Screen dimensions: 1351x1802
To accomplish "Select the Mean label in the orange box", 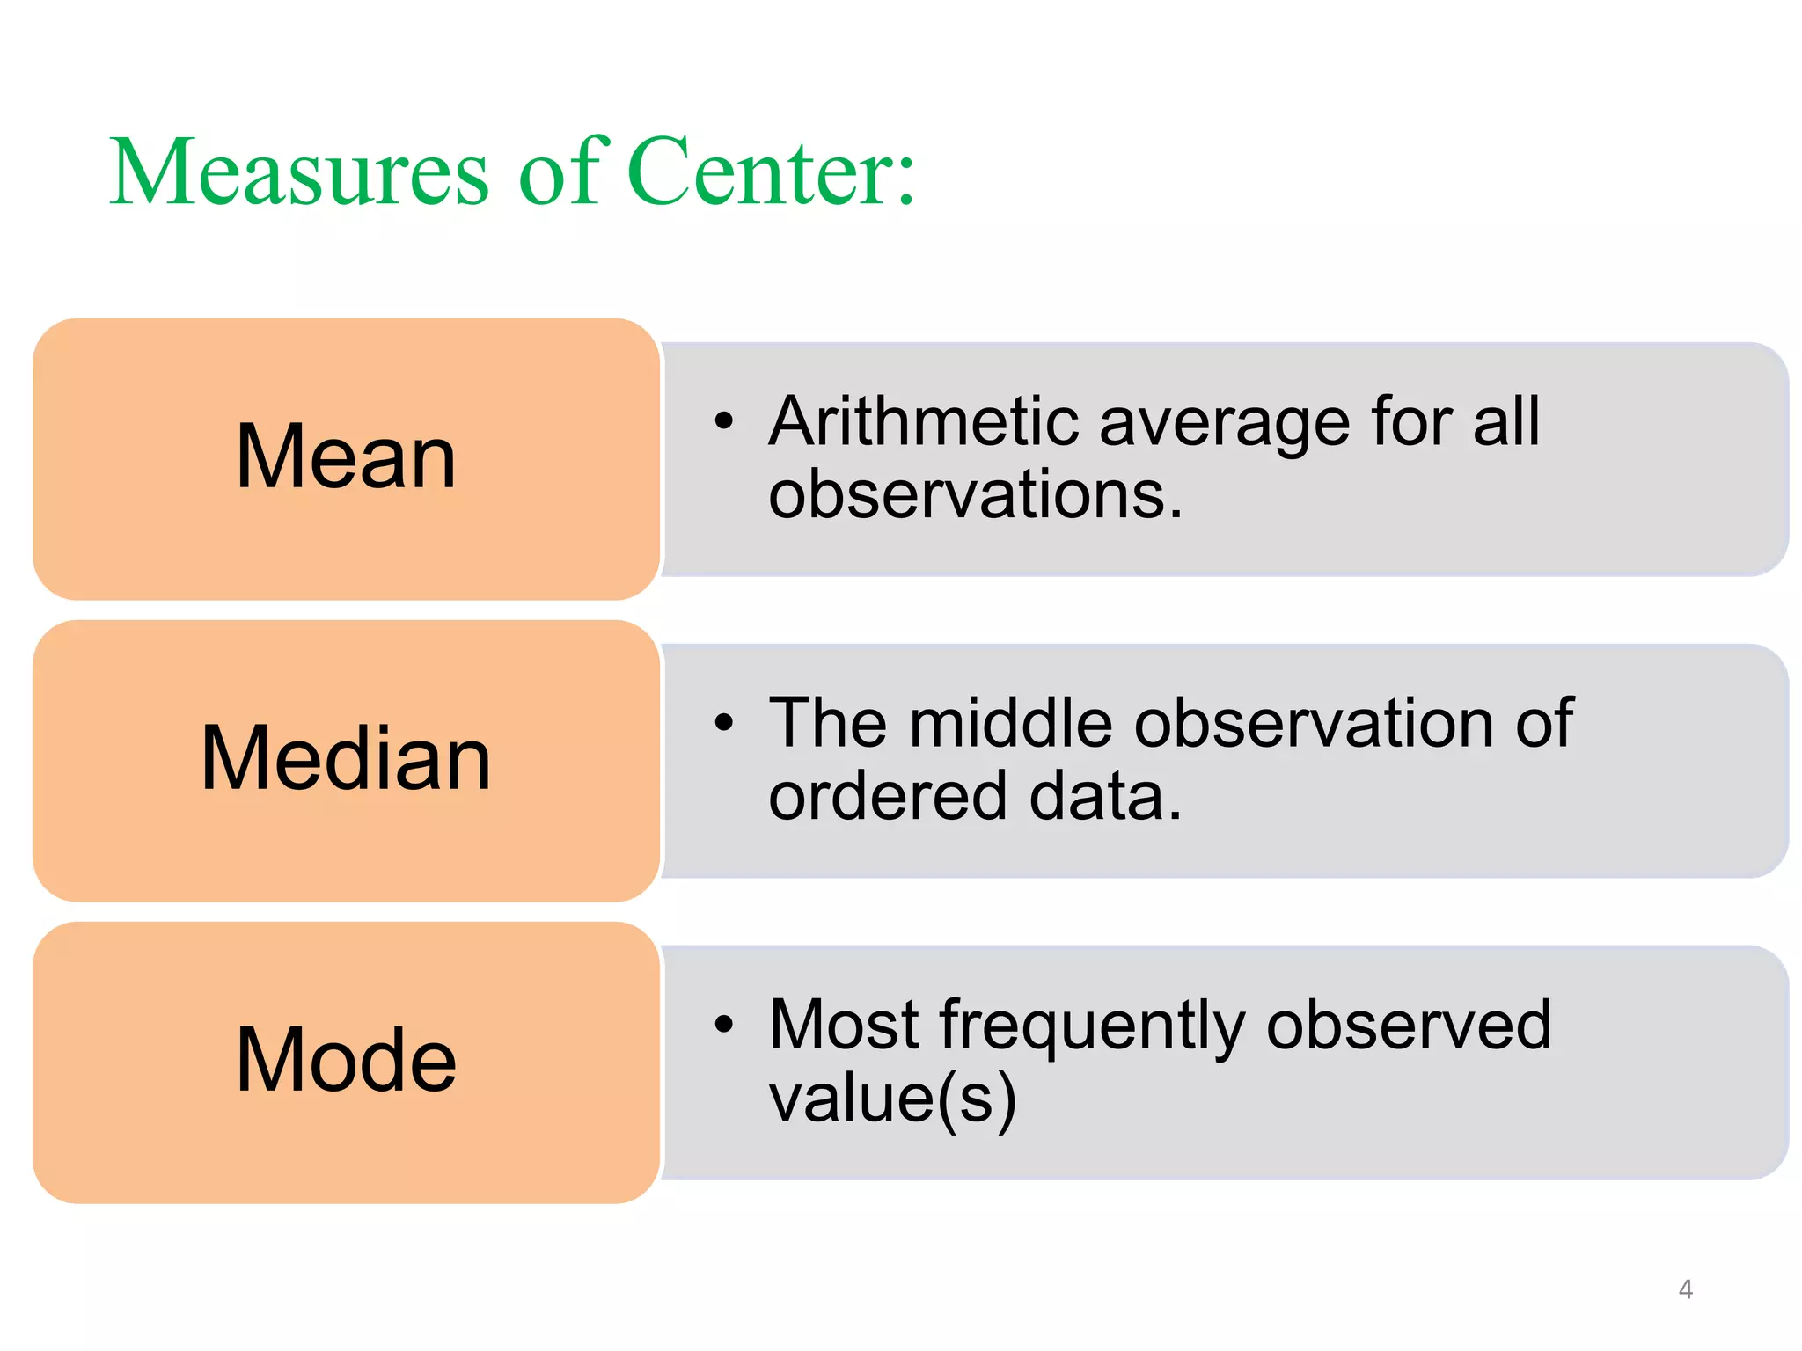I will pyautogui.click(x=346, y=456).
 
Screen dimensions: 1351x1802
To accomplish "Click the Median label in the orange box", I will pyautogui.click(x=346, y=758).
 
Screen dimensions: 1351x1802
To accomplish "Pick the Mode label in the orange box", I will pyautogui.click(x=346, y=1060).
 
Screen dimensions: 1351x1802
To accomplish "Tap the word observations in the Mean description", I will pyautogui.click(x=975, y=494).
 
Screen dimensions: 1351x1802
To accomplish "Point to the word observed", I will pyautogui.click(x=1408, y=1025).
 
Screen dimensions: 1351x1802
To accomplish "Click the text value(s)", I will pyautogui.click(x=892, y=1099).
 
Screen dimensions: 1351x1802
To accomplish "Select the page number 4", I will pyautogui.click(x=1685, y=1289).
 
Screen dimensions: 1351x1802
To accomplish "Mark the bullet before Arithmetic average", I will pyautogui.click(x=723, y=421).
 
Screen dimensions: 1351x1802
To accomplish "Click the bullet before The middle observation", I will pyautogui.click(x=723, y=723).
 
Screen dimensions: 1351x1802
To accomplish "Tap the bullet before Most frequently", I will pyautogui.click(x=723, y=1025).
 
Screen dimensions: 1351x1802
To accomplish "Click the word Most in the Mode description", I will pyautogui.click(x=844, y=1025).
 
